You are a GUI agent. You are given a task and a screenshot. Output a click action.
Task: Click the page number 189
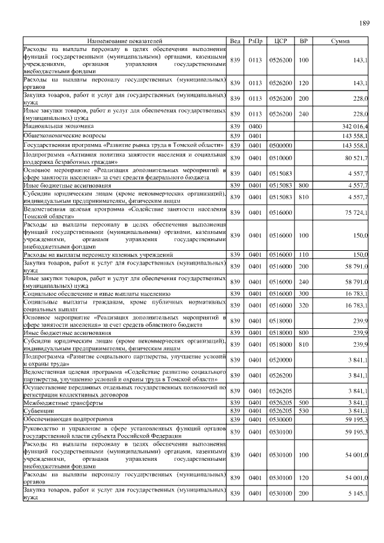click(364, 23)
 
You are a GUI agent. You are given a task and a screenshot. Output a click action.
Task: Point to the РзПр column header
click(254, 41)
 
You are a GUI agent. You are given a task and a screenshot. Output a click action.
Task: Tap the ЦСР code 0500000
click(280, 145)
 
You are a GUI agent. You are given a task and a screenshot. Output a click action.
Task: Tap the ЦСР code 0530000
click(280, 419)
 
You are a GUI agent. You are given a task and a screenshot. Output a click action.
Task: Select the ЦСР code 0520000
click(280, 360)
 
